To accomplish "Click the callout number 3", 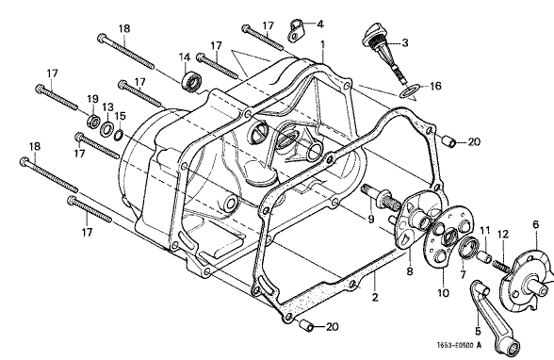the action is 405,42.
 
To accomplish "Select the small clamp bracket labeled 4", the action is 295,31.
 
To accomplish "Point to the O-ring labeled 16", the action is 410,91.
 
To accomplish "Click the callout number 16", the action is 435,86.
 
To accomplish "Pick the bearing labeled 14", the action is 192,81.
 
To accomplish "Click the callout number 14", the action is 184,57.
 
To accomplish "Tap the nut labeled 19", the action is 92,121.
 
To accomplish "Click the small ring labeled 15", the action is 119,135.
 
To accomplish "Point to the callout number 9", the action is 370,220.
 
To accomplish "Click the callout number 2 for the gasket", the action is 375,298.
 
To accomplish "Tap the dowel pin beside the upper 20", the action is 449,141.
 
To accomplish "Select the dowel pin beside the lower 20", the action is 306,326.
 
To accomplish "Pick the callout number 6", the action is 536,224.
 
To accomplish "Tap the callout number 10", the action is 443,293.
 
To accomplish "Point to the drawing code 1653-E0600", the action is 455,345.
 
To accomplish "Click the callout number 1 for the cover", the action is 322,44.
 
